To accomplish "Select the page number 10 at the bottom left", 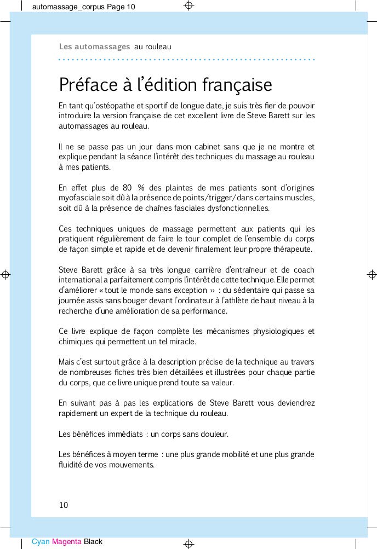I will (64, 505).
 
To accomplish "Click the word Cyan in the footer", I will (41, 542).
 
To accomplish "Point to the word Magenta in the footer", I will (66, 542).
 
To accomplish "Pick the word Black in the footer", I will (93, 542).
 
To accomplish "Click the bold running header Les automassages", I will (94, 47).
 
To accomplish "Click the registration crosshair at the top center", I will (188, 6).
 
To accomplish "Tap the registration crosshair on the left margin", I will (5, 274).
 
